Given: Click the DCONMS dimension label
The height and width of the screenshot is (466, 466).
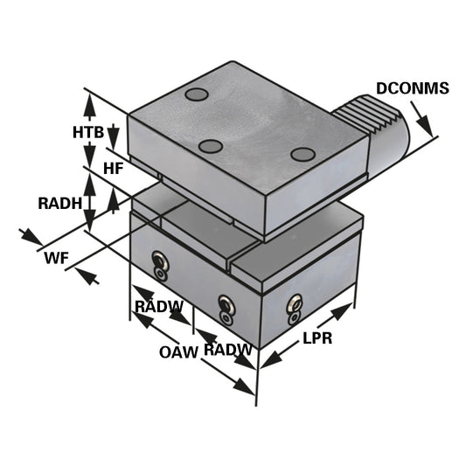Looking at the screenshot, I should [412, 88].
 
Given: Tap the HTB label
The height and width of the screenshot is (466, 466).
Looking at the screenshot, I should [88, 133].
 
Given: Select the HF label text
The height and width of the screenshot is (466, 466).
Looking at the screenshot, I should [114, 167].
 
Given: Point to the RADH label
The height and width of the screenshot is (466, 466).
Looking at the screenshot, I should [59, 203].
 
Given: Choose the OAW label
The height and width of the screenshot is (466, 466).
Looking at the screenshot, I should [177, 352].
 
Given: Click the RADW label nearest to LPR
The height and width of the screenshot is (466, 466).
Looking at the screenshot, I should [227, 350].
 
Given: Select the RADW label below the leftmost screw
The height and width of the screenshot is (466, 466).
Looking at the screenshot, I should [158, 307].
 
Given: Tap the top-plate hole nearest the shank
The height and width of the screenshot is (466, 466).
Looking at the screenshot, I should [303, 155].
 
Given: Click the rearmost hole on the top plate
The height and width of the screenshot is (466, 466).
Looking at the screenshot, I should [197, 94].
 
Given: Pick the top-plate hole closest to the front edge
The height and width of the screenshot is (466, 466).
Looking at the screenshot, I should [210, 146].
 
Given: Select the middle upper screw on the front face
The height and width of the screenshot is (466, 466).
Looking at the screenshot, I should [226, 303].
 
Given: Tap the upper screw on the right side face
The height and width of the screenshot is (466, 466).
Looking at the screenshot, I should [295, 302].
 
